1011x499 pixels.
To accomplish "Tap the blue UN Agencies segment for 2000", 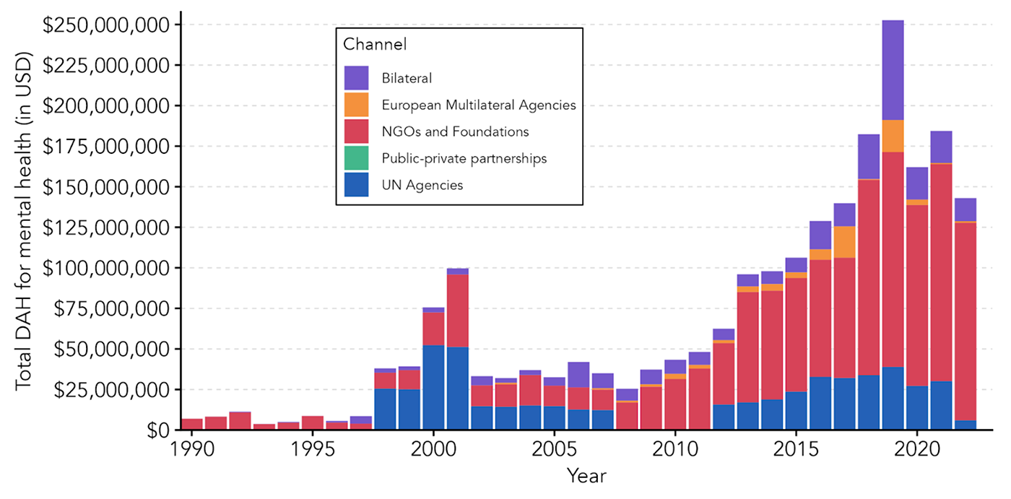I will pos(433,387).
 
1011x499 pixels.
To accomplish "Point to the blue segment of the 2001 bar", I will pos(457,389).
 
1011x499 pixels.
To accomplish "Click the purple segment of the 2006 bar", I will pos(578,375).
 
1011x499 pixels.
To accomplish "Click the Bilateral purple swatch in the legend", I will pos(356,78).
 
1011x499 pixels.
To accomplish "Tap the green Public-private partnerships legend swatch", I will pos(356,158).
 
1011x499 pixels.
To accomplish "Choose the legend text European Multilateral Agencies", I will pos(479,105).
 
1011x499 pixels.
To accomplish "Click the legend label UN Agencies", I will pos(422,185).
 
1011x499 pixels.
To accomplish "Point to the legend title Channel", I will pos(375,44).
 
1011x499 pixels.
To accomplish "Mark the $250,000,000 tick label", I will pos(108,25).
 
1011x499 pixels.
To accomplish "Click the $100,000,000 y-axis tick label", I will pos(108,268).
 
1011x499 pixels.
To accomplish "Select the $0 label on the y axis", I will pos(159,430).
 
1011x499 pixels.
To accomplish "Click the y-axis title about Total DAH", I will pos(25,220).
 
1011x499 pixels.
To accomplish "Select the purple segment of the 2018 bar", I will pos(868,156).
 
